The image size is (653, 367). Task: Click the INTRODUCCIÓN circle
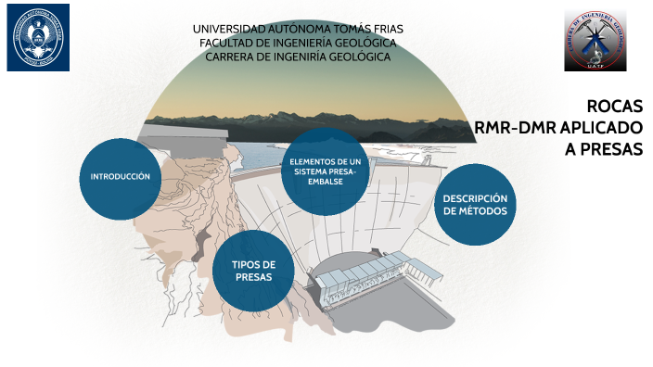tap(120, 178)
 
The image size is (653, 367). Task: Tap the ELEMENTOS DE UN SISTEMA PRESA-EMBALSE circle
tap(325, 171)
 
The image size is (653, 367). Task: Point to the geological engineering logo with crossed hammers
tap(595, 40)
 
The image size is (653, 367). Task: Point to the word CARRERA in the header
tap(233, 57)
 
